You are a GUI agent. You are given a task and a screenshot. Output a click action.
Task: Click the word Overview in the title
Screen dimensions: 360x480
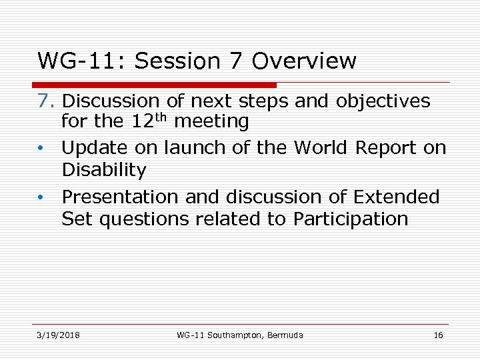(x=305, y=61)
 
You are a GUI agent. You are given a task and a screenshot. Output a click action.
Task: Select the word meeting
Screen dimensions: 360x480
(x=211, y=122)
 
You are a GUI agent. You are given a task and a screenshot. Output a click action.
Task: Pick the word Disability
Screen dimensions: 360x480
(x=103, y=170)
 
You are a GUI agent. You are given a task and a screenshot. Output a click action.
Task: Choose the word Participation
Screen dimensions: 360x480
(x=351, y=219)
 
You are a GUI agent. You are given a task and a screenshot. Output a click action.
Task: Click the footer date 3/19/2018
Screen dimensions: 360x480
(x=59, y=335)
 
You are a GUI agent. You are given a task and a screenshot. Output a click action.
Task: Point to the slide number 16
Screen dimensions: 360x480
(x=438, y=335)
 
